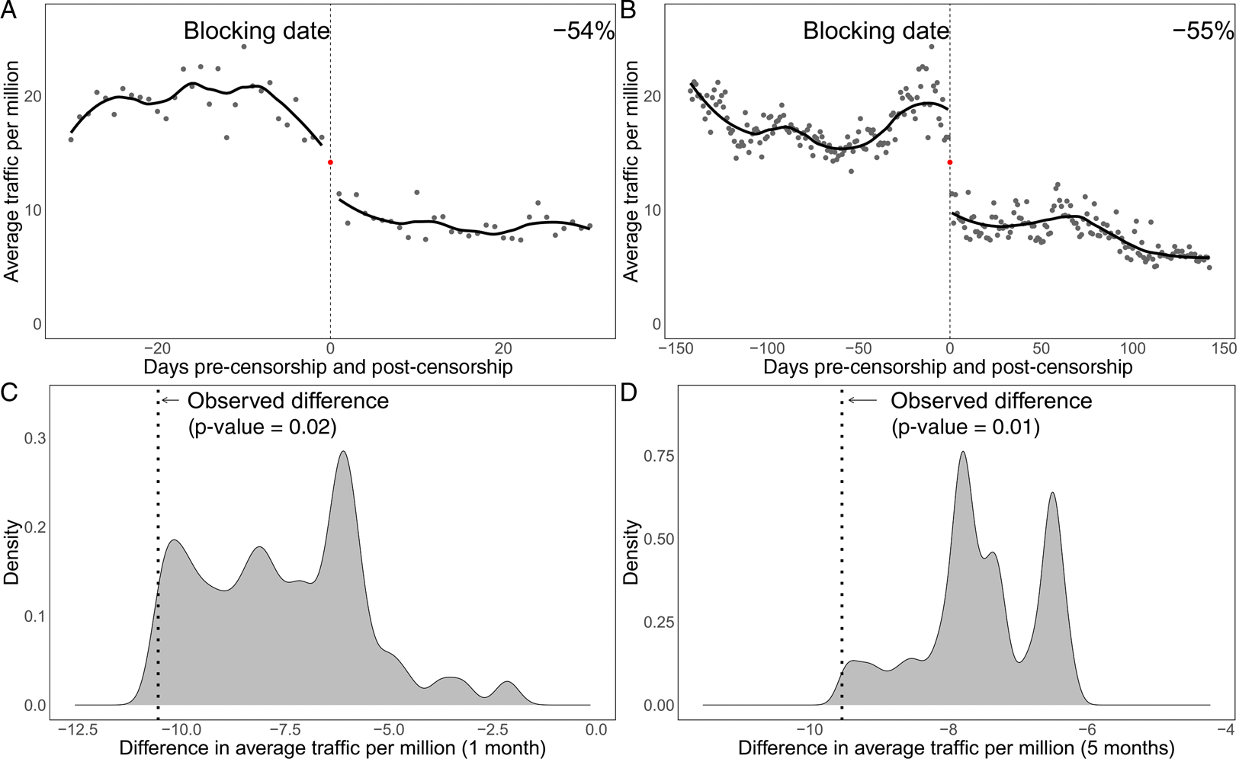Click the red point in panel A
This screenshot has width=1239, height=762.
coord(330,162)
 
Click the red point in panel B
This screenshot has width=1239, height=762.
coord(949,162)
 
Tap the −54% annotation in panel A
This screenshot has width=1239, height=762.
coord(583,31)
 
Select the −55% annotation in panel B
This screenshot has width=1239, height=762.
coord(1202,31)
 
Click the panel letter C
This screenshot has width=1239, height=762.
coord(10,393)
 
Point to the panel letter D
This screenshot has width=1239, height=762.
coord(630,393)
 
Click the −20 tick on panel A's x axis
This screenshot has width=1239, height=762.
coord(157,348)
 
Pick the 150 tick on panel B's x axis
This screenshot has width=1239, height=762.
coord(1223,348)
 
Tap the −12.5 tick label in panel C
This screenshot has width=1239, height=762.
coord(78,730)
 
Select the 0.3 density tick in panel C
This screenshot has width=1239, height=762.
coord(35,438)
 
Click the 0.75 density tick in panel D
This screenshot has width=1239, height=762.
coord(660,456)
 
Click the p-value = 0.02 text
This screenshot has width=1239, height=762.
coord(262,427)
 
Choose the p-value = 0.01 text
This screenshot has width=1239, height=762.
coord(965,427)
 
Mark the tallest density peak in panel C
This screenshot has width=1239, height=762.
coord(343,451)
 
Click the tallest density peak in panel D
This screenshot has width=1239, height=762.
coord(963,452)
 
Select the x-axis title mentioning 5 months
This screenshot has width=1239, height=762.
coord(955,748)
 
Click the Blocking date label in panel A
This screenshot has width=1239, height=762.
coord(257,31)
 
